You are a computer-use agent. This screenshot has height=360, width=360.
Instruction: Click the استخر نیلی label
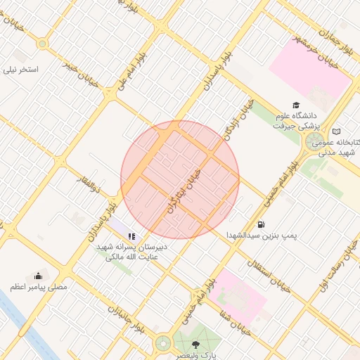[x=22, y=70]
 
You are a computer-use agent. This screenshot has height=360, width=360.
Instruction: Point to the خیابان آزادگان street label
[x=230, y=125]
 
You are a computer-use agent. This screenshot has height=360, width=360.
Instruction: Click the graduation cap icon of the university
[x=295, y=105]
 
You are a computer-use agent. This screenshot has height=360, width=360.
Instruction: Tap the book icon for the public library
[x=336, y=131]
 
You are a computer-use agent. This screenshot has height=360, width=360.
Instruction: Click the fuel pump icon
[x=262, y=224]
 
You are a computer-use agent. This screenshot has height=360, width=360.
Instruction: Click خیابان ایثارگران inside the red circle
[x=184, y=191]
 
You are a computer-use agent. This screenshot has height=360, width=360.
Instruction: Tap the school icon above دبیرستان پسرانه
[x=131, y=236]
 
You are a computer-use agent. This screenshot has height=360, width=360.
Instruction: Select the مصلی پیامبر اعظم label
[x=39, y=287]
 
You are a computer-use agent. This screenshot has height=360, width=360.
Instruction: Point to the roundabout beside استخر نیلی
[x=43, y=44]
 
